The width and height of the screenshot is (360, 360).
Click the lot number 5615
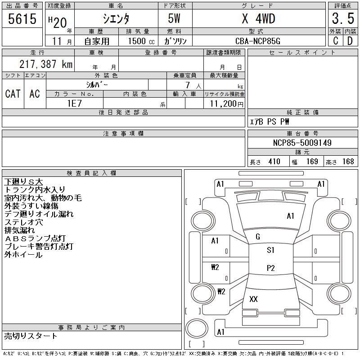pyautogui.click(x=22, y=19)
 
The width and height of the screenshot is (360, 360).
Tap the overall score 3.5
pyautogui.click(x=342, y=19)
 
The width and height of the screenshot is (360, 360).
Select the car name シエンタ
pyautogui.click(x=116, y=19)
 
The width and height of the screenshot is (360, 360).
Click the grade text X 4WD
pyautogui.click(x=258, y=19)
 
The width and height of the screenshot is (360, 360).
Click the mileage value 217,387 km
pyautogui.click(x=45, y=64)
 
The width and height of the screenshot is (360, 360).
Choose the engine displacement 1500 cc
pyautogui.click(x=138, y=41)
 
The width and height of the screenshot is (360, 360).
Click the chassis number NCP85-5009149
pyautogui.click(x=302, y=143)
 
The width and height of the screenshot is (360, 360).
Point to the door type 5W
pyautogui.click(x=175, y=19)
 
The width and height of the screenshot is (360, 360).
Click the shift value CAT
pyautogui.click(x=13, y=94)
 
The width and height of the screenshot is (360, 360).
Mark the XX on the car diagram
pyautogui.click(x=253, y=299)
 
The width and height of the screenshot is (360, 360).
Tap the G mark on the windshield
pyautogui.click(x=258, y=237)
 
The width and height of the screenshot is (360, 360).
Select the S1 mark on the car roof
pyautogui.click(x=270, y=250)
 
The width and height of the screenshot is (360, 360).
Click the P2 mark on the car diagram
pyautogui.click(x=270, y=268)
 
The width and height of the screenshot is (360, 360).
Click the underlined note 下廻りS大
pyautogui.click(x=23, y=182)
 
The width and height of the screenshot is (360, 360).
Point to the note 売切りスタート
pyautogui.click(x=31, y=336)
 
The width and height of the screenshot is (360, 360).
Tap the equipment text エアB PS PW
pyautogui.click(x=270, y=121)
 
